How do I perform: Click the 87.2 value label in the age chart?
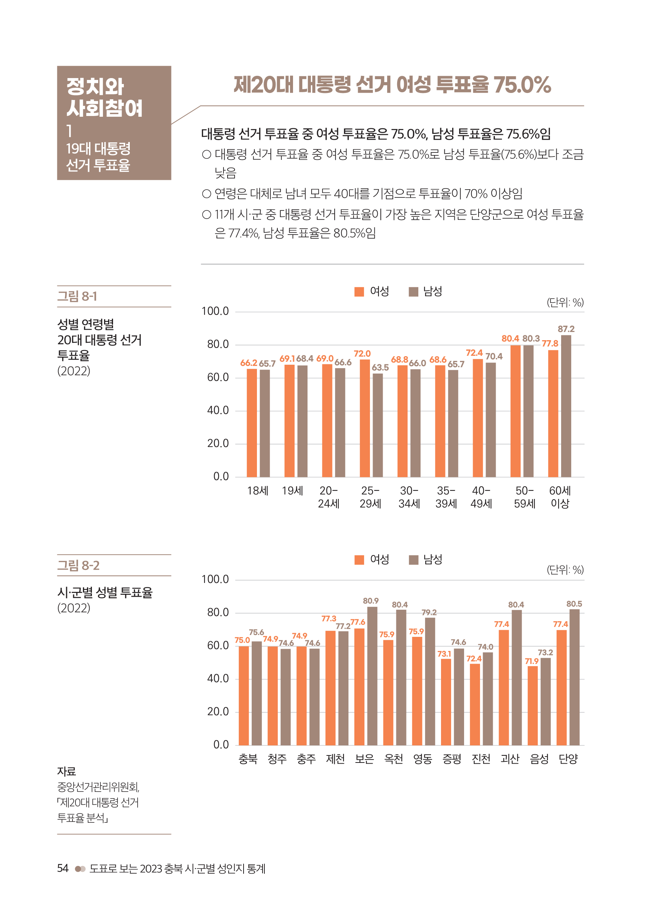point(566,329)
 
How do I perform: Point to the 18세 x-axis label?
point(258,490)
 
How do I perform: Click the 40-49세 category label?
point(481,497)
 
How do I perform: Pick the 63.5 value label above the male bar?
point(380,367)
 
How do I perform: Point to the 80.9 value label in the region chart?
point(370,601)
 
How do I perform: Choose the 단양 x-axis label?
point(568,758)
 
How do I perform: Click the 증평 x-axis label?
point(451,758)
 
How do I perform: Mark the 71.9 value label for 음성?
point(531,661)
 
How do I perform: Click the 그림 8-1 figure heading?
point(77,296)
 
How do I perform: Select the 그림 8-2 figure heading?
point(78,565)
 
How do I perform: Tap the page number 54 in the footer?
point(63,868)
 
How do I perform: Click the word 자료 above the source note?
point(66,771)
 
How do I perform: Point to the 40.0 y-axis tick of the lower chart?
point(218,678)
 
